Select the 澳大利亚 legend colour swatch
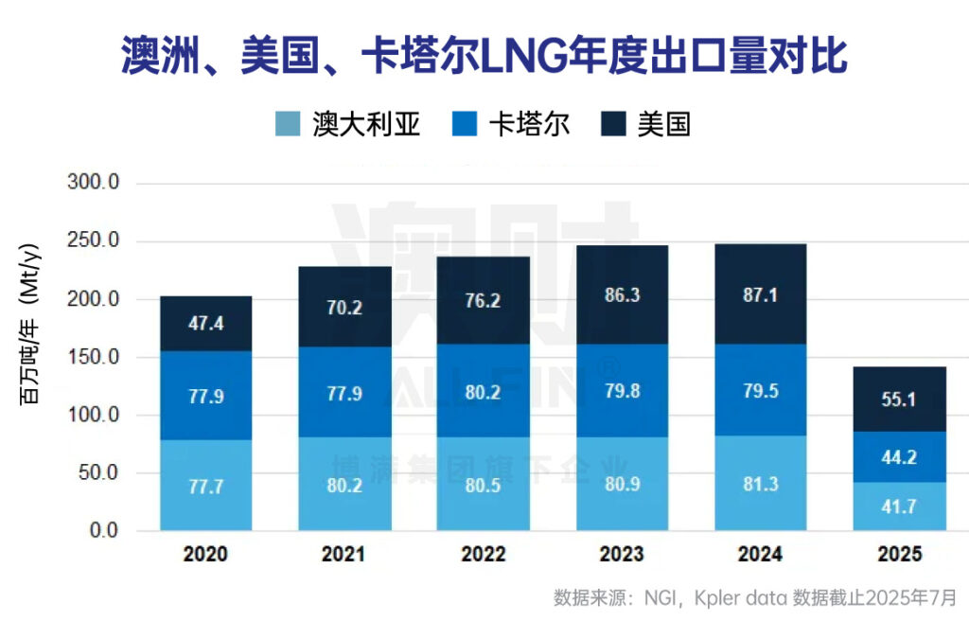pos(289,125)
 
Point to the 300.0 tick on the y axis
pos(94,183)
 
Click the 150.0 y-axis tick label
pos(94,358)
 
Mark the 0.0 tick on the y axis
pos(102,531)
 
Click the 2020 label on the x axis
pos(205,555)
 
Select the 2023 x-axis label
pos(622,555)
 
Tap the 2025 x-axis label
pos(899,555)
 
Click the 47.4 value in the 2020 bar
pos(205,325)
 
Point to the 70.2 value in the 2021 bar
pos(344,306)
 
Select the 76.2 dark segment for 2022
pos(484,300)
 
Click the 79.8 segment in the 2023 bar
pos(622,391)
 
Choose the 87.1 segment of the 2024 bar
pos(761,294)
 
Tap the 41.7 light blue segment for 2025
pos(899,506)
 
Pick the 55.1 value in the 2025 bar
pos(899,400)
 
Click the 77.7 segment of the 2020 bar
pos(205,486)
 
